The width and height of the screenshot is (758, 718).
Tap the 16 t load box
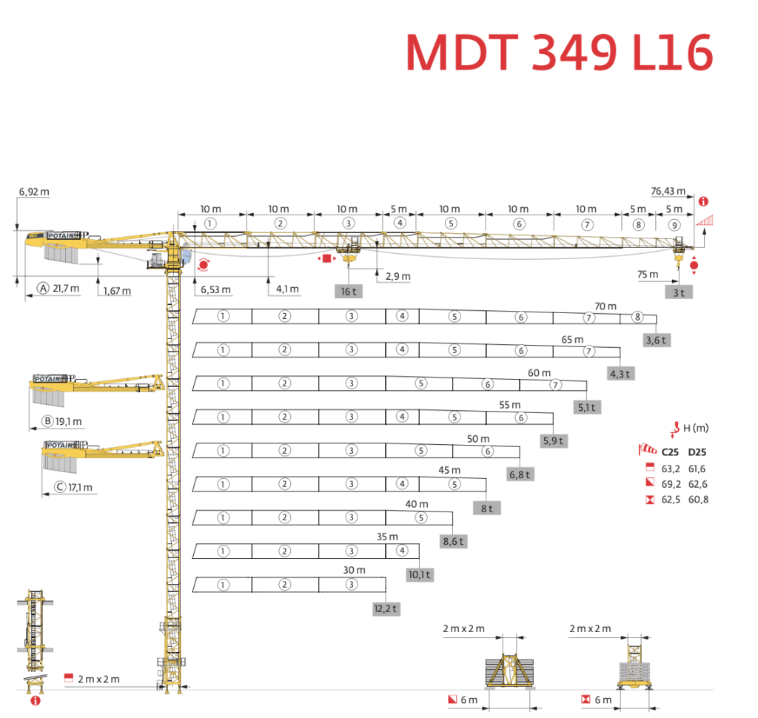[348, 291]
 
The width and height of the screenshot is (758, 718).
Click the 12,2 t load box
[386, 608]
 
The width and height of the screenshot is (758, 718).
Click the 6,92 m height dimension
[34, 192]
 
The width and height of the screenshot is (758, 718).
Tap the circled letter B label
[48, 422]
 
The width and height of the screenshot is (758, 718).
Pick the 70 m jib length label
[605, 305]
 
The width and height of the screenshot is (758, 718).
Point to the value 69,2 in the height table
[671, 484]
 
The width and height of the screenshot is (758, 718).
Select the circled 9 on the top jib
[673, 225]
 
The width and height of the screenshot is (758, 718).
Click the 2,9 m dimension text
[398, 276]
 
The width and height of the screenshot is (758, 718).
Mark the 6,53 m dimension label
[215, 289]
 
